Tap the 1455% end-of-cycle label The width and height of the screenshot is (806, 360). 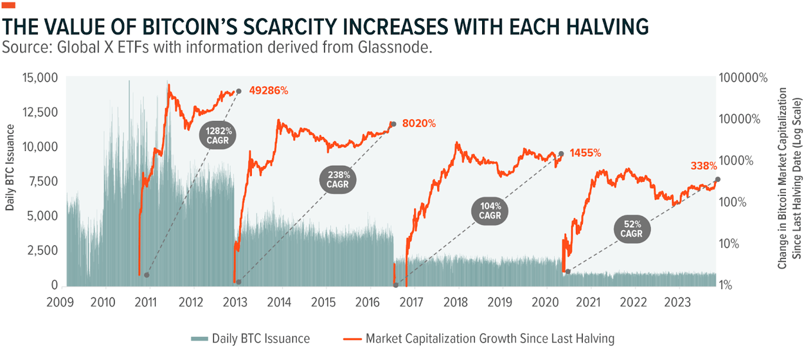pyautogui.click(x=584, y=153)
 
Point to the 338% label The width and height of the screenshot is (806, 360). pyautogui.click(x=703, y=166)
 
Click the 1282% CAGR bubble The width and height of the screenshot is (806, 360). pyautogui.click(x=218, y=135)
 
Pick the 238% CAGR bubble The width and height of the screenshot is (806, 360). pyautogui.click(x=339, y=179)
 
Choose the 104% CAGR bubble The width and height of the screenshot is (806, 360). pyautogui.click(x=490, y=211)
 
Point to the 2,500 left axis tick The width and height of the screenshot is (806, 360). pyautogui.click(x=44, y=251)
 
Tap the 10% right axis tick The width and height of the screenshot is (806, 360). pyautogui.click(x=733, y=244)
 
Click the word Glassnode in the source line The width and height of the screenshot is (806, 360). pyautogui.click(x=392, y=48)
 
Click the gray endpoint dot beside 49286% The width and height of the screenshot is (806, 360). pyautogui.click(x=239, y=91)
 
